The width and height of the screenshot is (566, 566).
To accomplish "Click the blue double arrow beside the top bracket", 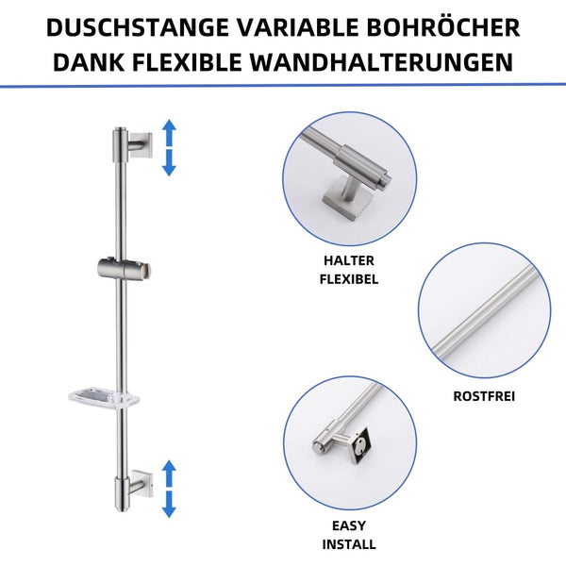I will coord(169,147).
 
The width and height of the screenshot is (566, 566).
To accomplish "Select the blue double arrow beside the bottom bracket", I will coord(169,488).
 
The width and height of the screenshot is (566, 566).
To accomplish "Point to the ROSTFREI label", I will coord(485,397).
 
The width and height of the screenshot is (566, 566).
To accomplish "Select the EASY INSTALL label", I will coord(349,536).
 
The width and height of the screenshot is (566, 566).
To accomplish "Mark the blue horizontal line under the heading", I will coord(283,86).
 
